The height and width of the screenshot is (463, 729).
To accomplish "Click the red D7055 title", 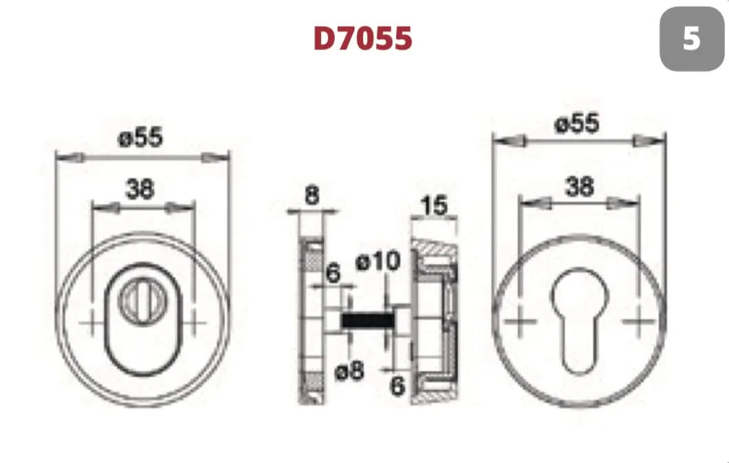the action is click(362, 38).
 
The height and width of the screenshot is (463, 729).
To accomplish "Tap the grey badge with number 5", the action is click(692, 38).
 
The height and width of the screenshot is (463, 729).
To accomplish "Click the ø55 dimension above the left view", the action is click(140, 138).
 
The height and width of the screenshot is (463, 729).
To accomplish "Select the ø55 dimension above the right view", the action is click(577, 124).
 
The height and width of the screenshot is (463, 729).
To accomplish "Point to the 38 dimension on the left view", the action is click(140, 189).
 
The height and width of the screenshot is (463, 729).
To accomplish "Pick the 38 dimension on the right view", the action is click(579, 187).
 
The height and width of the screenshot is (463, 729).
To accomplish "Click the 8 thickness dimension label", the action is click(312, 195).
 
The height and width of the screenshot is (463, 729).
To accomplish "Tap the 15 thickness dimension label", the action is click(434, 205).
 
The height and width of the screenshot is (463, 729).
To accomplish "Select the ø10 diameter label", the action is click(378, 261).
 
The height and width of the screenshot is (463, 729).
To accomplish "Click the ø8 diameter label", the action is click(349, 370).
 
